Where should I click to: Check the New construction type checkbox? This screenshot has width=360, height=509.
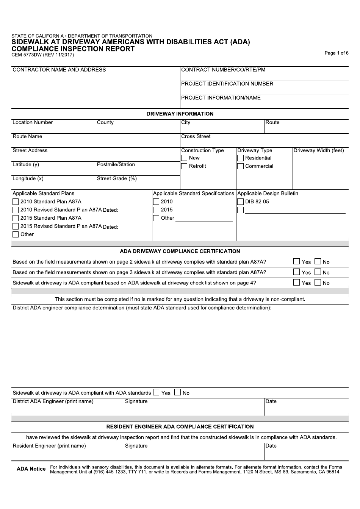(x=184, y=158)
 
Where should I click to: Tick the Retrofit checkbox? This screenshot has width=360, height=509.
(x=184, y=166)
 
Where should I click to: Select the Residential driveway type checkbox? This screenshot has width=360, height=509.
(x=240, y=158)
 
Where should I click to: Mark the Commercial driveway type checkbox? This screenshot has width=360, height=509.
(x=240, y=166)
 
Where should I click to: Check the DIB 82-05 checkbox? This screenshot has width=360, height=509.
(x=240, y=201)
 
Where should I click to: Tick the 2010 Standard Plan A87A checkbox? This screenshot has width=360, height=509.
(x=16, y=202)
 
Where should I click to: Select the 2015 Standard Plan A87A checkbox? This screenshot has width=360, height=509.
(x=16, y=218)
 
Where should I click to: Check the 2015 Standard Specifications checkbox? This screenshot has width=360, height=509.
(x=156, y=210)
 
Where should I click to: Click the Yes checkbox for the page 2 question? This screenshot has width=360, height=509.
(x=296, y=261)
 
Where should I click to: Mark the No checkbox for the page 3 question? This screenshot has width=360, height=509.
(x=318, y=272)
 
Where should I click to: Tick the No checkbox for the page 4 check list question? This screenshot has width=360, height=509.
(x=318, y=283)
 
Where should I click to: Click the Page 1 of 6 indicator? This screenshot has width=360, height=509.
(x=336, y=53)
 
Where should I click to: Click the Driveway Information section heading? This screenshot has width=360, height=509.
(x=180, y=114)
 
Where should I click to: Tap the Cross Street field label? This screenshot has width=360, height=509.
(x=196, y=137)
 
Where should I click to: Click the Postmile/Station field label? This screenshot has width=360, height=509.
(x=116, y=165)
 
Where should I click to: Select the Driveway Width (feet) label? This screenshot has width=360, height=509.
(x=319, y=151)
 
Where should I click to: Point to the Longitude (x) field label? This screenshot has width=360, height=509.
(x=28, y=179)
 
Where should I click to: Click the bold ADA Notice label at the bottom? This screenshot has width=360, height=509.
(x=31, y=469)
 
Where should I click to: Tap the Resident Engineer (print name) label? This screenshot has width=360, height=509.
(x=49, y=446)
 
